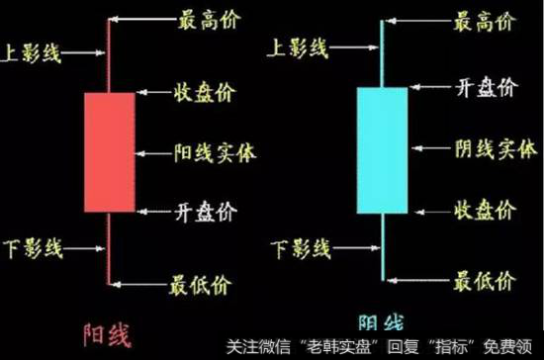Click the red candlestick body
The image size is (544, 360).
[108, 152]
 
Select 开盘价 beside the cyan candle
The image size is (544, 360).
[486, 88]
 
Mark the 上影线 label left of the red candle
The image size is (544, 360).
[32, 51]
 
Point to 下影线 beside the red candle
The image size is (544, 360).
[32, 244]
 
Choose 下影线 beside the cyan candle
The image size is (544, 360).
[303, 245]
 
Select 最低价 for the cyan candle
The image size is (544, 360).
[486, 281]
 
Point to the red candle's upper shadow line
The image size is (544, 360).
[108, 54]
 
